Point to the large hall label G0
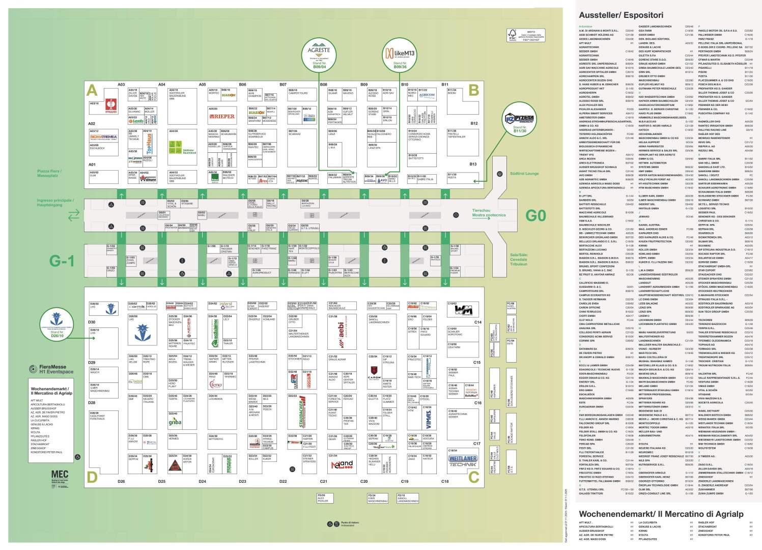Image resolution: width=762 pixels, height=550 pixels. click(535, 216)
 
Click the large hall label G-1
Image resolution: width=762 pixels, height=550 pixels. click(62, 262)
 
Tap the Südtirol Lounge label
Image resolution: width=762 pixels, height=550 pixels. click(524, 174)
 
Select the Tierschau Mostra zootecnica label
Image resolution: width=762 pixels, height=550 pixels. click(489, 213)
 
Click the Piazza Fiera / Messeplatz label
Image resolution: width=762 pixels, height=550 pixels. click(49, 174)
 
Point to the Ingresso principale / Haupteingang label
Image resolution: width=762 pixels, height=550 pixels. click(55, 203)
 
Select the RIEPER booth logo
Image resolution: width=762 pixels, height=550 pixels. click(223, 117)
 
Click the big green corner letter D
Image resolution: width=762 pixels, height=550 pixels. click(92, 477)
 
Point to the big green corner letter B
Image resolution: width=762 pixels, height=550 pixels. click(473, 90)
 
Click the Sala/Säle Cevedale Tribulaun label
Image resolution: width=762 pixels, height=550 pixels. click(519, 259)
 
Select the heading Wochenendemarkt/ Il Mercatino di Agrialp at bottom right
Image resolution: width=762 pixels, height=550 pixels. click(661, 514)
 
